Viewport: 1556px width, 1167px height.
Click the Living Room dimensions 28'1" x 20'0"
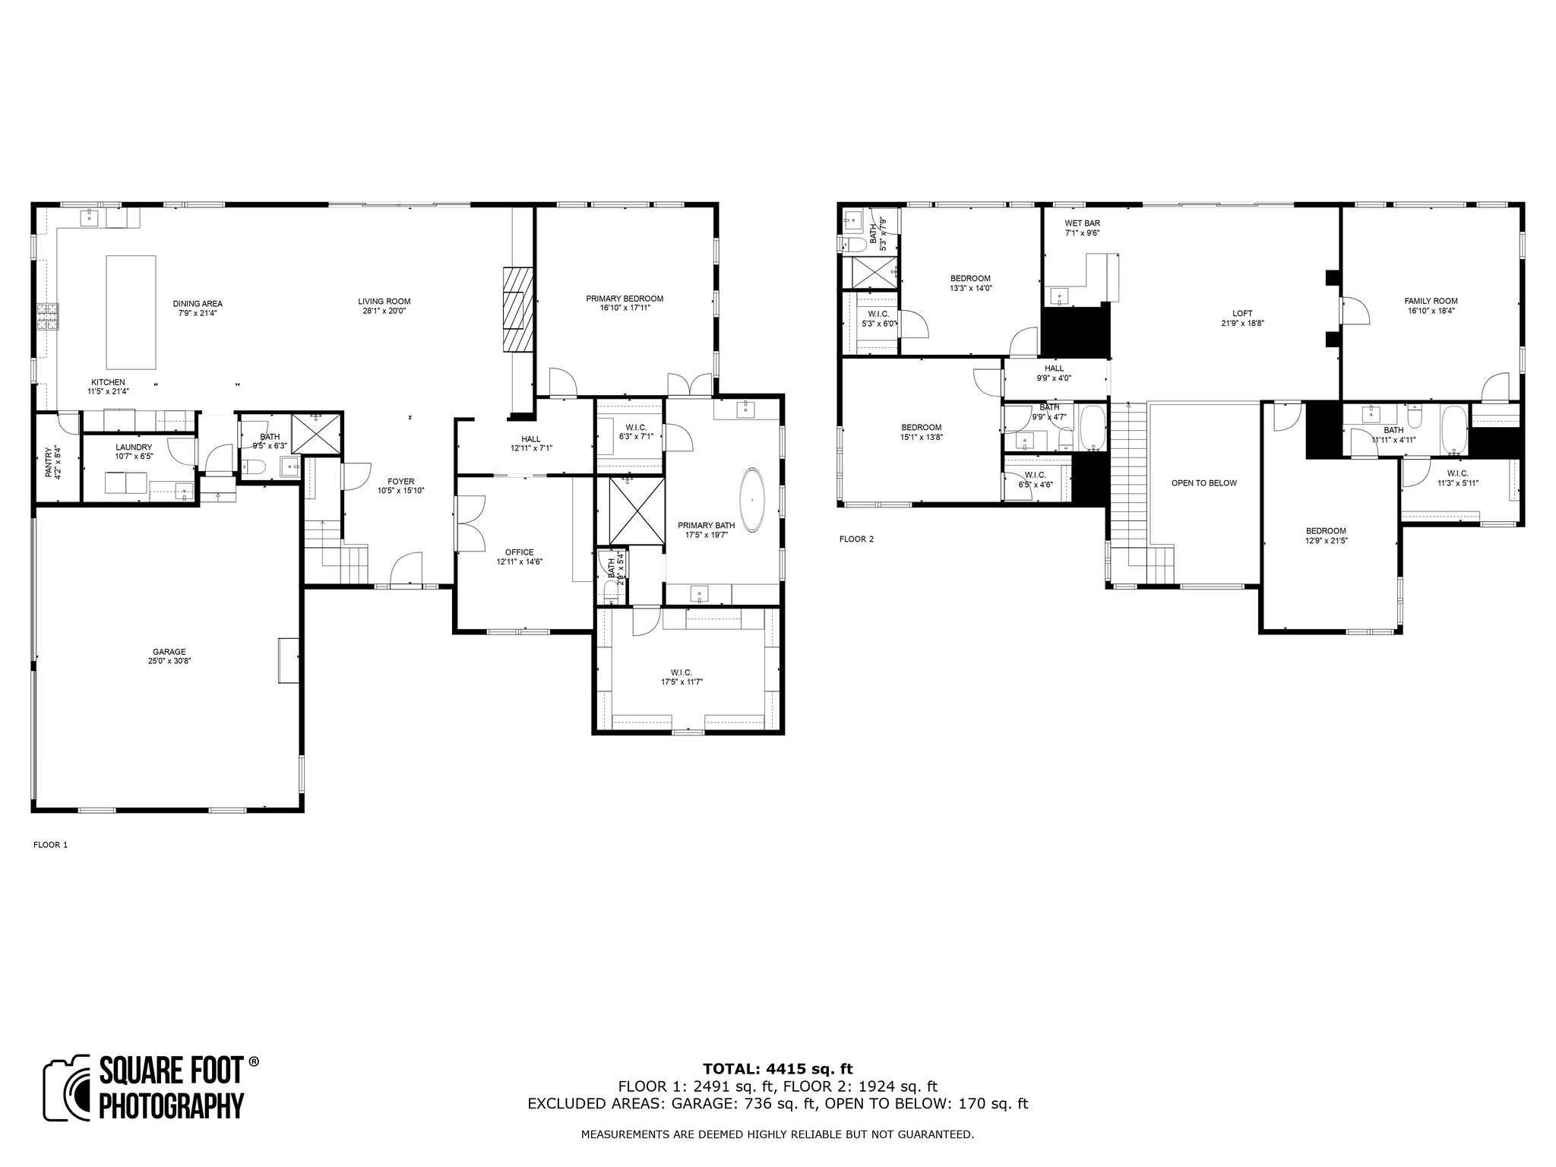(384, 311)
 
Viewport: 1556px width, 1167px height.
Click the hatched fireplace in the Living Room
(518, 309)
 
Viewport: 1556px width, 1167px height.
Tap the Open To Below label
(1204, 482)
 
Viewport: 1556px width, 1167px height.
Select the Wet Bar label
(1082, 223)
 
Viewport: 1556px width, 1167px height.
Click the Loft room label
(1242, 313)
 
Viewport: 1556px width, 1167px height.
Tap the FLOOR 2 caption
(856, 539)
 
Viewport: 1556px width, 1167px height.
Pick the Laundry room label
(134, 448)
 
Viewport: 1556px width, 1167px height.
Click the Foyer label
(401, 481)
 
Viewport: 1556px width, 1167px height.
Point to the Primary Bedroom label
(625, 299)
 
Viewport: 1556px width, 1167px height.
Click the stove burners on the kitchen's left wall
(46, 317)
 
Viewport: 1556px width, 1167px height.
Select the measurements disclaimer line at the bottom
(777, 1134)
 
